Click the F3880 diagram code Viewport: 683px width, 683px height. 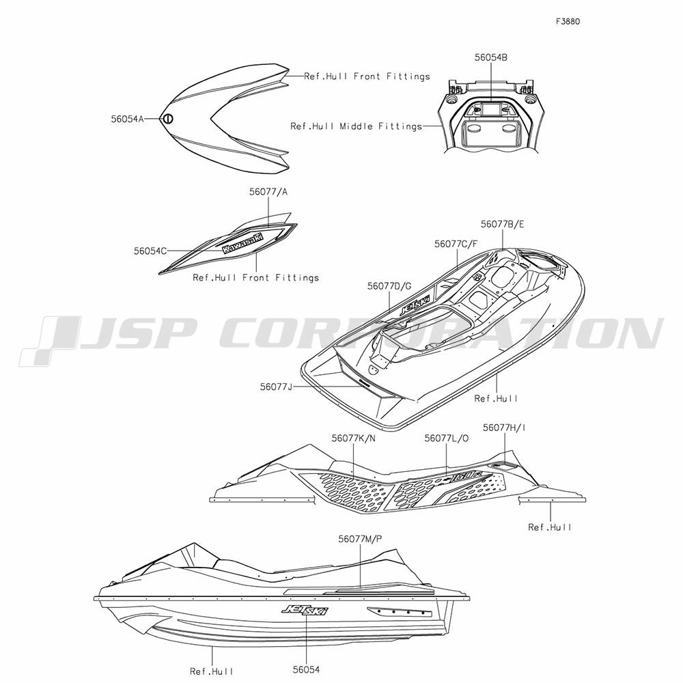click(568, 21)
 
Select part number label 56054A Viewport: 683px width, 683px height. click(127, 118)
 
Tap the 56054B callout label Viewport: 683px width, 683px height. click(491, 57)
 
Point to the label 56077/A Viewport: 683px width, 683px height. click(268, 192)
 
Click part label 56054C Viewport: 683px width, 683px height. click(150, 251)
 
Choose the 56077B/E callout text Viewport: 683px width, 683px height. click(502, 224)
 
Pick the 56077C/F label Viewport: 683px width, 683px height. click(456, 244)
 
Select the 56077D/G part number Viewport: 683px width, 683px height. click(389, 285)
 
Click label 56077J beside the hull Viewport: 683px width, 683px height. click(276, 387)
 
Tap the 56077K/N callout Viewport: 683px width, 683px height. click(353, 438)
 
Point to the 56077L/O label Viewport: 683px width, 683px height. click(447, 438)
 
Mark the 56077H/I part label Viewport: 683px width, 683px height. click(504, 428)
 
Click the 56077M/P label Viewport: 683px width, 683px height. click(360, 539)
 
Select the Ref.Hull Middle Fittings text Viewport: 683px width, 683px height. click(357, 126)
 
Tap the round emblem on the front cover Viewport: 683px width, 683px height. click(168, 118)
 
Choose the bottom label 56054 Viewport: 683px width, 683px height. click(306, 669)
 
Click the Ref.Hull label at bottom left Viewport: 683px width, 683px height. click(212, 671)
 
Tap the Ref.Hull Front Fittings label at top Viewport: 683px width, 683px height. click(367, 76)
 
